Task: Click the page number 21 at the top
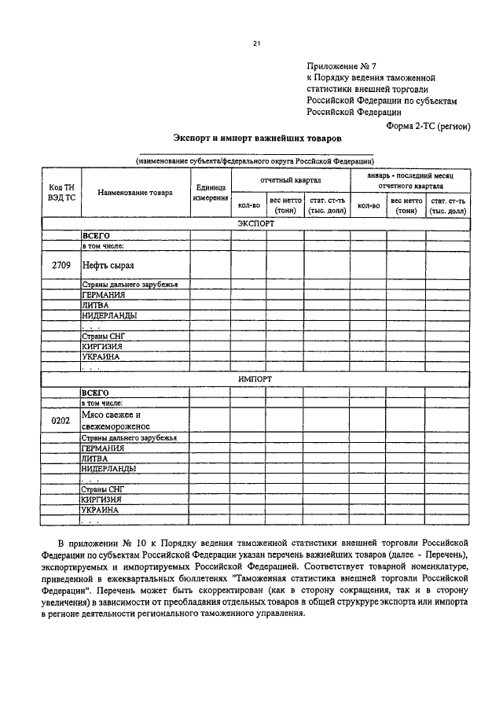256,44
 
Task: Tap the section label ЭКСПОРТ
255,223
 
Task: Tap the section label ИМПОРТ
255,378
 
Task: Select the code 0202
61,420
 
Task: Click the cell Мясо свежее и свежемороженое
111,419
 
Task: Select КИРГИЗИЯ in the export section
101,345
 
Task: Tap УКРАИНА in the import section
100,510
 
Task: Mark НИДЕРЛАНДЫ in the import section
108,469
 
